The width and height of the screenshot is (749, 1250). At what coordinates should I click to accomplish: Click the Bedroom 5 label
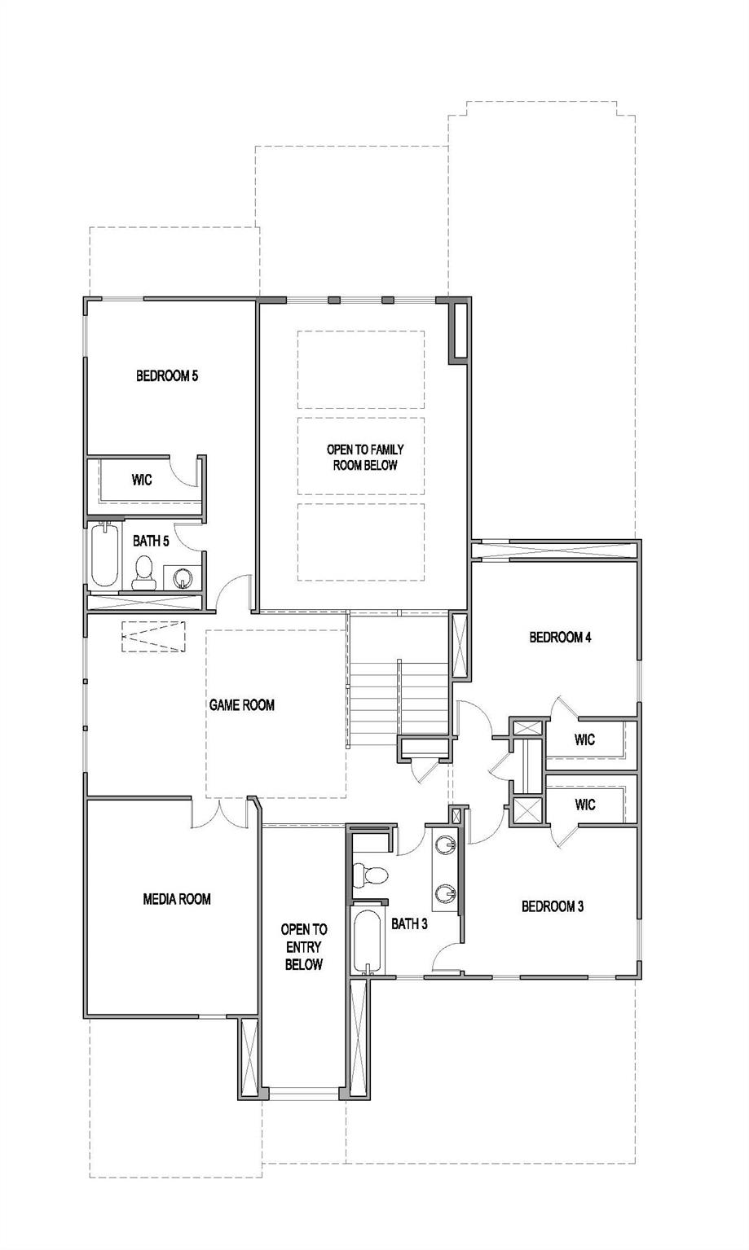point(167,376)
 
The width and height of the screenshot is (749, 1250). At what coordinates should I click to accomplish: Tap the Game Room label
point(242,705)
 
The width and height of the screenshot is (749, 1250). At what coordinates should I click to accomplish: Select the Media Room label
point(177,899)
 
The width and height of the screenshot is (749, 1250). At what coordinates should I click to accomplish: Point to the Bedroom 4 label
point(560,637)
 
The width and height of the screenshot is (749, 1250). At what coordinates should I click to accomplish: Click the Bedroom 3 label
point(553,906)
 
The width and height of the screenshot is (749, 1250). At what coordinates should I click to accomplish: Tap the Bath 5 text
point(151,541)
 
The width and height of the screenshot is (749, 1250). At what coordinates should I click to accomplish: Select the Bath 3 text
point(409,923)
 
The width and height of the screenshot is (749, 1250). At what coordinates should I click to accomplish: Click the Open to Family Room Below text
point(365,458)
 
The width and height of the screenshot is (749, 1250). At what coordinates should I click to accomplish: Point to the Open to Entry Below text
point(304,946)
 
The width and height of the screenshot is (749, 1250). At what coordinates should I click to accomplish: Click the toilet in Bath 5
point(144,572)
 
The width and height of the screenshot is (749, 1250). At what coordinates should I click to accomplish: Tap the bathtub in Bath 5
point(104,557)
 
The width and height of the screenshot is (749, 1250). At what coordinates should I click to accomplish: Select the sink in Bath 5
point(183,577)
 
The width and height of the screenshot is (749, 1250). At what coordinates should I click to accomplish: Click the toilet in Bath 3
point(372,875)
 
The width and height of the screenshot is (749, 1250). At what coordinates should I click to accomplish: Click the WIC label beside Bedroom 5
point(142,480)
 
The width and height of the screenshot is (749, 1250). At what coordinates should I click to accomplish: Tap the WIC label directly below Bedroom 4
point(584,739)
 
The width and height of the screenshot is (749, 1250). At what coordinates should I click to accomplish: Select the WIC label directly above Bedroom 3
point(584,805)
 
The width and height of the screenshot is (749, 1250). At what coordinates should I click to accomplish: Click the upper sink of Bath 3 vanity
point(446,844)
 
